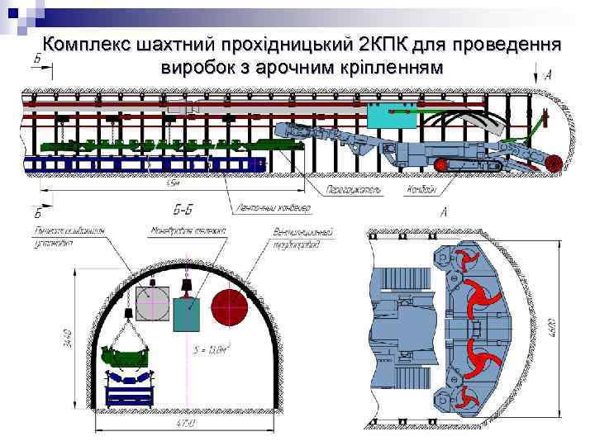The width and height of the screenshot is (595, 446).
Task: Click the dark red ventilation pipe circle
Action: pyautogui.click(x=230, y=306)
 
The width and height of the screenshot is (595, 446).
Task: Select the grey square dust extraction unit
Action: pyautogui.click(x=152, y=304)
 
